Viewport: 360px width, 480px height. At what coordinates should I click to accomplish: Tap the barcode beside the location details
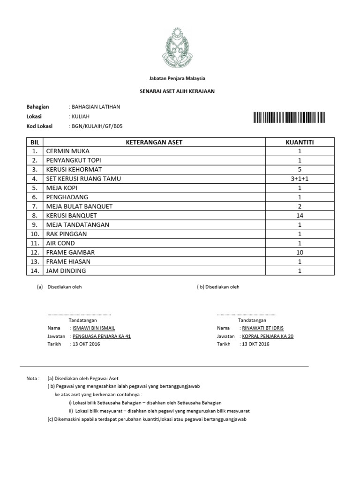pos(289,117)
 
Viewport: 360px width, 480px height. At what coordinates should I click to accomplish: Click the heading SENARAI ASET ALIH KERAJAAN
pos(177,91)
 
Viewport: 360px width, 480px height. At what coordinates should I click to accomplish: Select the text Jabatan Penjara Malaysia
pos(177,78)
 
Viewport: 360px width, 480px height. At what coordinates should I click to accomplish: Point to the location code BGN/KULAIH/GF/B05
pos(97,126)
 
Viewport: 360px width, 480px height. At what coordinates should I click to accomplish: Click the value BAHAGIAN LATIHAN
pos(96,107)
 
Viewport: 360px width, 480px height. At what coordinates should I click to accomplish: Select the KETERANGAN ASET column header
pos(154,142)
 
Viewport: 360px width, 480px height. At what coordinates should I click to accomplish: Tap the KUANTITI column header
pos(300,142)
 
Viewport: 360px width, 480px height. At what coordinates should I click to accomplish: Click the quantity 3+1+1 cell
pos(300,179)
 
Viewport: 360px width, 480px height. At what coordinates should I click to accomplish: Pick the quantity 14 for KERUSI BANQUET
pos(300,216)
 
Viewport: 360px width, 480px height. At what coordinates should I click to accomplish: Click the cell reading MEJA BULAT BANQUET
pos(79,206)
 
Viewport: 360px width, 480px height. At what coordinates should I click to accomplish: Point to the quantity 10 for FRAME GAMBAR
pos(300,252)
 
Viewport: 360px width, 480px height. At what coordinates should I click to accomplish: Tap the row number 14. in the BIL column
pos(34,270)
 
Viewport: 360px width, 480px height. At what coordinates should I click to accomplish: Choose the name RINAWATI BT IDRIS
pos(262,328)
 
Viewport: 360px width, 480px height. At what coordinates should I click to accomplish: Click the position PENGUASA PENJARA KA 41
pos(101,336)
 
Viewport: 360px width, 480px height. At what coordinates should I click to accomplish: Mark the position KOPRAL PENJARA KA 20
pos(268,336)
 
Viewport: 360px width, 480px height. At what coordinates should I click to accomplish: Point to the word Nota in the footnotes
pos(32,378)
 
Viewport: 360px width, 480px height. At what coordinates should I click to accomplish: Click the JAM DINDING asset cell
pos(66,270)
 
